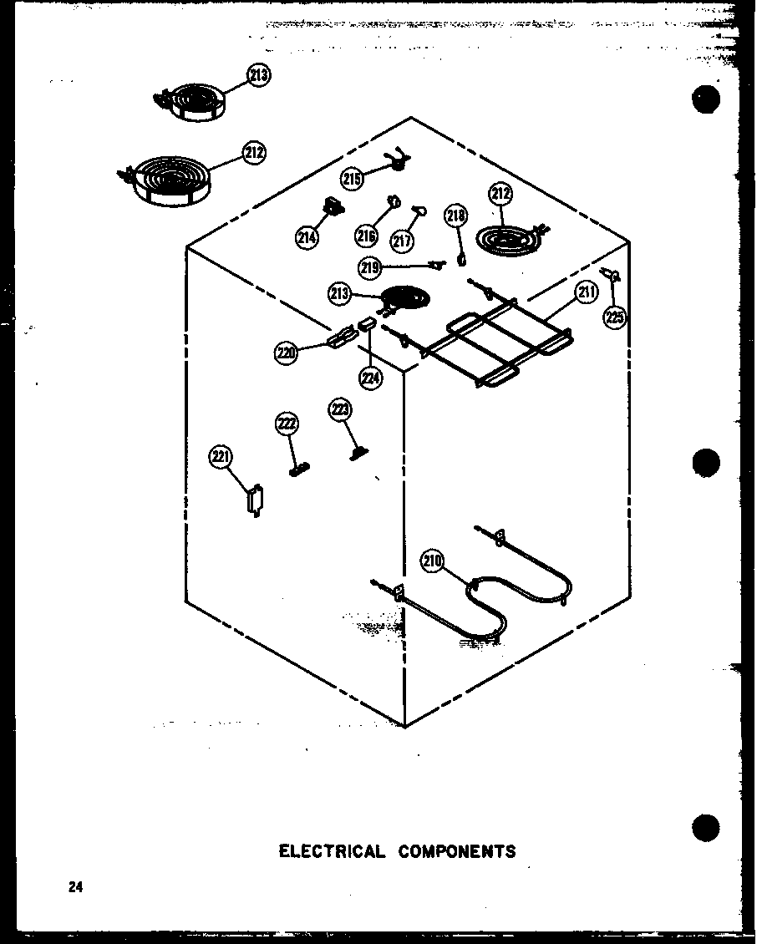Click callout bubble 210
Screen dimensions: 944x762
click(x=432, y=562)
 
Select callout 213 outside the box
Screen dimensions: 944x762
click(x=259, y=76)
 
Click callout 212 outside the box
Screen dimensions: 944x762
click(x=254, y=153)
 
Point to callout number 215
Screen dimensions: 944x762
click(x=352, y=178)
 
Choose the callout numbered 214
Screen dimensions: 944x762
click(x=306, y=237)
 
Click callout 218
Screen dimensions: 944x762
click(x=455, y=216)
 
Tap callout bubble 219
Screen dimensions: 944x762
click(x=371, y=268)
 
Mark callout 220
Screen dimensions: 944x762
click(x=286, y=353)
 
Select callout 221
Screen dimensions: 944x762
click(x=221, y=457)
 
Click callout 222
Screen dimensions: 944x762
click(x=286, y=424)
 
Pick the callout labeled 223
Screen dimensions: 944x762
click(x=340, y=409)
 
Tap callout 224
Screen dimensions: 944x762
click(x=371, y=378)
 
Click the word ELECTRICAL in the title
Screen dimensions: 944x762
click(x=332, y=851)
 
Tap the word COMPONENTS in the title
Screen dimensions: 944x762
click(x=457, y=851)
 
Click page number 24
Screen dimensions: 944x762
click(x=76, y=888)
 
